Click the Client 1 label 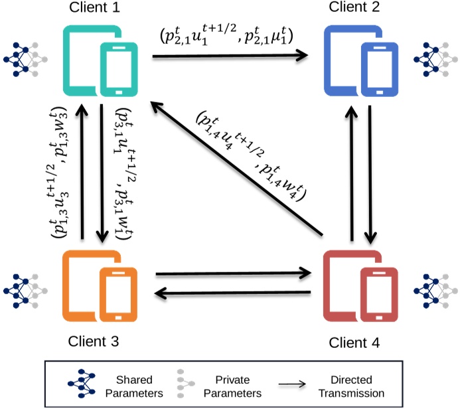coord(98,9)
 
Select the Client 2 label coord(359,9)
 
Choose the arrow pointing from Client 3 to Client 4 coord(233,272)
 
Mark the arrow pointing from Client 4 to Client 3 coord(233,293)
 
